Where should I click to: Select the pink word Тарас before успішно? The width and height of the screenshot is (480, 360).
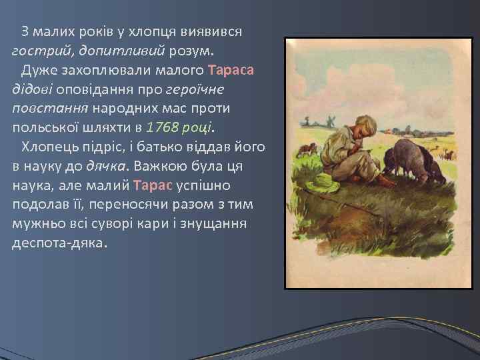pos(153,185)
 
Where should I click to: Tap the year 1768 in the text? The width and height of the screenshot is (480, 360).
pos(171,127)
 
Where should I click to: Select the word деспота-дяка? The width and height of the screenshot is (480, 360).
pos(59,243)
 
